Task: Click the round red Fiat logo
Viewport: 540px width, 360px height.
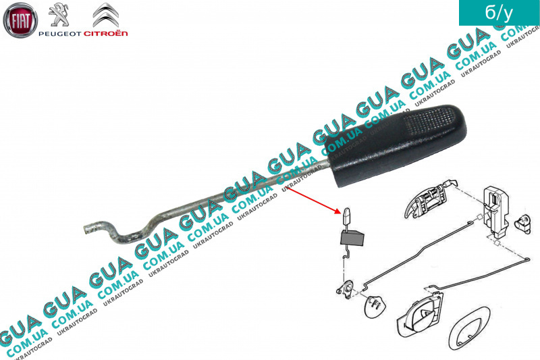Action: pyautogui.click(x=20, y=20)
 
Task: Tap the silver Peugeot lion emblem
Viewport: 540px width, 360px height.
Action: pyautogui.click(x=59, y=15)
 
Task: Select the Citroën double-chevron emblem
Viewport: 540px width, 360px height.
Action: pyautogui.click(x=106, y=15)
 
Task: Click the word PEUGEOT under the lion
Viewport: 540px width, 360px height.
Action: pyautogui.click(x=60, y=33)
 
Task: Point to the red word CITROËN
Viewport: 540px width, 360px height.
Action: pyautogui.click(x=106, y=33)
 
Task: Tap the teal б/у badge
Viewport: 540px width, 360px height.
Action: pyautogui.click(x=499, y=13)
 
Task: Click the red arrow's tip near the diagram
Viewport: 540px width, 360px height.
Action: pyautogui.click(x=341, y=213)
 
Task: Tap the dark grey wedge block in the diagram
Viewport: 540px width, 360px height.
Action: pyautogui.click(x=352, y=238)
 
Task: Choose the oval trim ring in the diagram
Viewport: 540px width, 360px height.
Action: pyautogui.click(x=469, y=329)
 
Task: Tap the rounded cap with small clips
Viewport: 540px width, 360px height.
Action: pyautogui.click(x=375, y=305)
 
